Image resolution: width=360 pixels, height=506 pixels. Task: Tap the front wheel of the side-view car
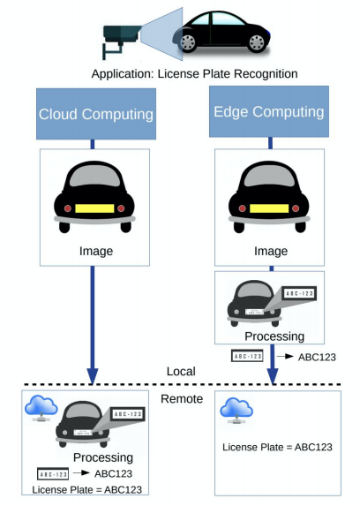pos(189,42)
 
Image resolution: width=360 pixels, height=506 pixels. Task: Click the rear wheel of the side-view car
pos(257,42)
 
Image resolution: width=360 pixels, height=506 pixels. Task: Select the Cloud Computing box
pos(96,114)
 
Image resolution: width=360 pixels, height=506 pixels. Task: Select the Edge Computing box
pos(269,111)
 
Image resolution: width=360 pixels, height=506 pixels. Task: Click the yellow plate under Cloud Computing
pos(94,208)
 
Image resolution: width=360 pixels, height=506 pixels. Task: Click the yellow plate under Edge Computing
pos(269,208)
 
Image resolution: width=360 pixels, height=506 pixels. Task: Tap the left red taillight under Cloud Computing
pos(68,208)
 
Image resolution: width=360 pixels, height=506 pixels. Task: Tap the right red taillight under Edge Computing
pos(296,208)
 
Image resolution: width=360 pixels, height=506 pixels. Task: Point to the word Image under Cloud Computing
pos(96,251)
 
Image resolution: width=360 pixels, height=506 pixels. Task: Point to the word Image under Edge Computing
pos(271,251)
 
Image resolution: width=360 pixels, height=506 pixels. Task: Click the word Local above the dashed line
pos(181,372)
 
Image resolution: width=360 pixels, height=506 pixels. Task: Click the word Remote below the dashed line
pos(182,399)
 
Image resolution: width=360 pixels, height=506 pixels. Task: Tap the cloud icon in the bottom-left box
pos(41,408)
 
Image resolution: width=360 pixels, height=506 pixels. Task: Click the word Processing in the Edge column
pos(274,336)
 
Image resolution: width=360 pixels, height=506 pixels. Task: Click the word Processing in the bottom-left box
pos(103,457)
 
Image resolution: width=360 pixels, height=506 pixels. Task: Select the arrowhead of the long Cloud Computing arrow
pos(93,376)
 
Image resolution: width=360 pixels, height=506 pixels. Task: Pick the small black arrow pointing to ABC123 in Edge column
pos(286,356)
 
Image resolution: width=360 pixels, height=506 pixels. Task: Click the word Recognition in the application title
pos(266,74)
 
